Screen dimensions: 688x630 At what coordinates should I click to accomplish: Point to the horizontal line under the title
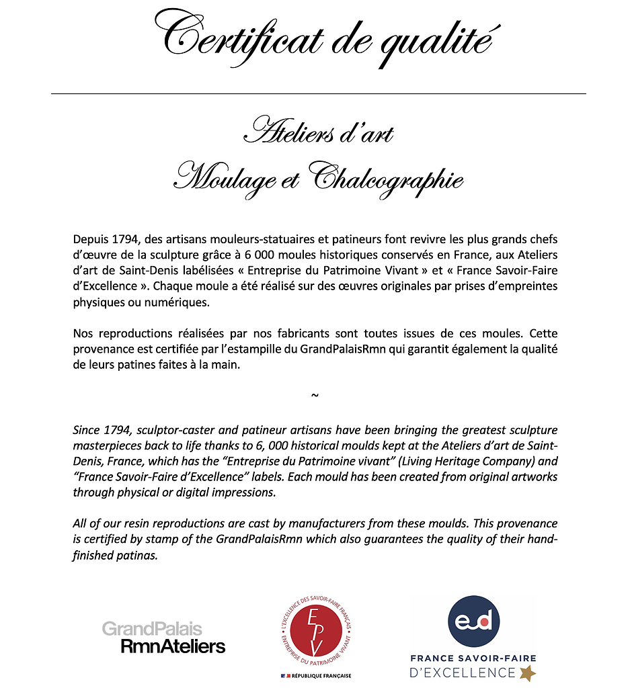[x=318, y=93]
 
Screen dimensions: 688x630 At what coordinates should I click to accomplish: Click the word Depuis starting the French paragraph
[x=90, y=240]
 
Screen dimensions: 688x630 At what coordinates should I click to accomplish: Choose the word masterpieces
[x=106, y=446]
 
